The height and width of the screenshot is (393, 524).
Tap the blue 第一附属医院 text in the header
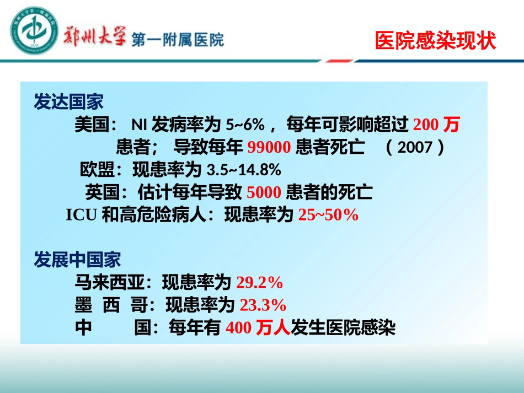(178, 40)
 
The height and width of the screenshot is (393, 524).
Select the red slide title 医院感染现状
(435, 41)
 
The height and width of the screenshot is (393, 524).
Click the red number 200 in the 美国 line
(426, 126)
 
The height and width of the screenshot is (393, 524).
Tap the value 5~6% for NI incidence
(243, 126)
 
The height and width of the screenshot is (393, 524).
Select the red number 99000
(269, 148)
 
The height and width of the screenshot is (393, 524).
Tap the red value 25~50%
(328, 215)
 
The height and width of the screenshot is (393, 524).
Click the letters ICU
(82, 216)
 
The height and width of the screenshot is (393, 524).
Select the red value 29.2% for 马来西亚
(259, 283)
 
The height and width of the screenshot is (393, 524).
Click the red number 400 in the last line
(239, 328)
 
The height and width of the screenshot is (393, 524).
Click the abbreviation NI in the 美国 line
(137, 126)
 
